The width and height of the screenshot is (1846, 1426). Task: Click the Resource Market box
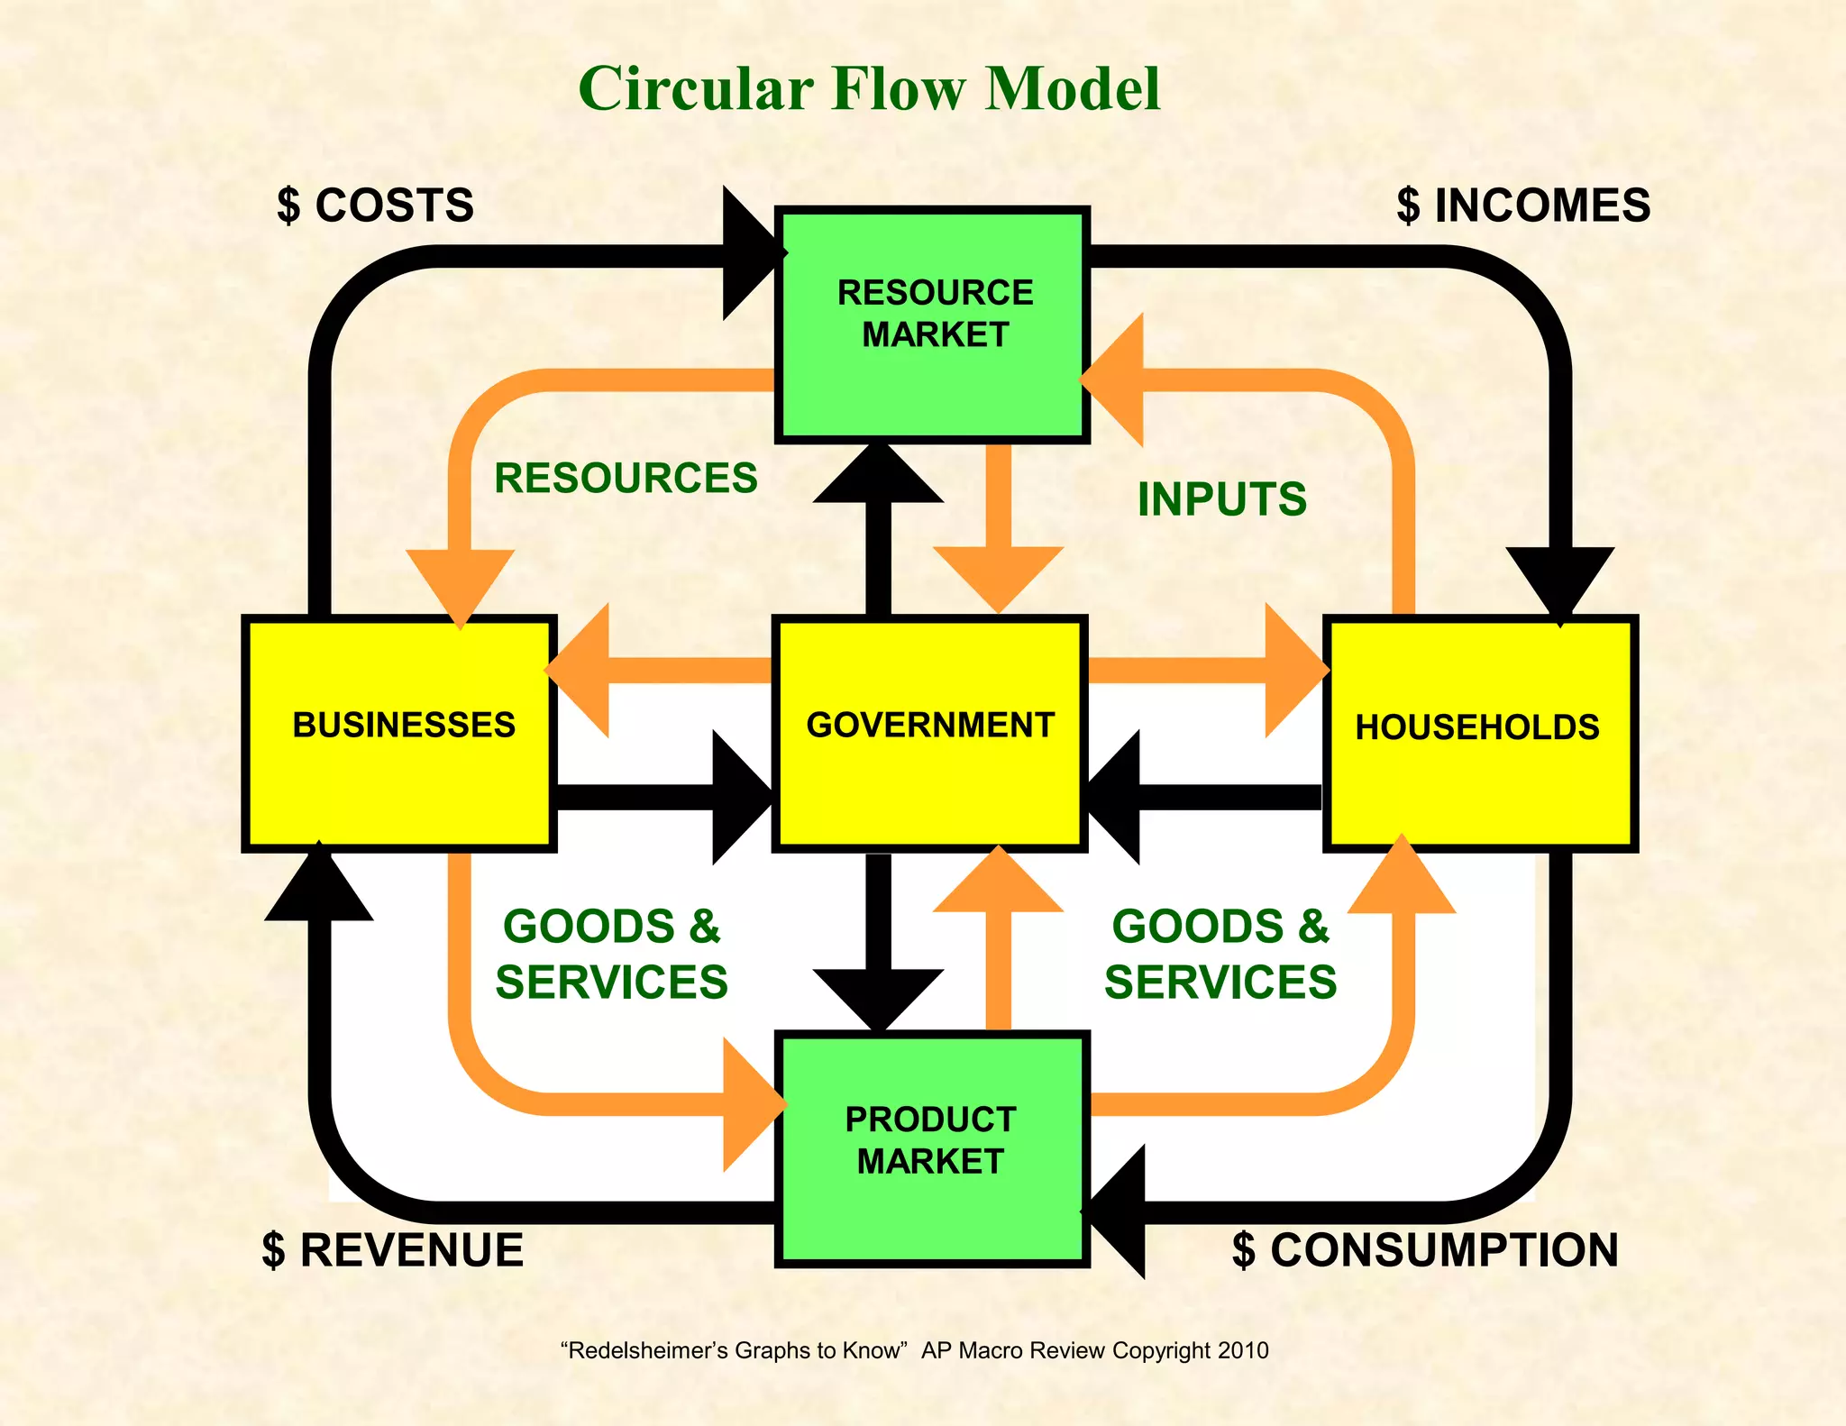[x=932, y=325]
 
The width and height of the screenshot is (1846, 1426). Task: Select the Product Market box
[x=932, y=1149]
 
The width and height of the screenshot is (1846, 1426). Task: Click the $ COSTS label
[x=376, y=206]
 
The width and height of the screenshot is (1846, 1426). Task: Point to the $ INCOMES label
[x=1523, y=206]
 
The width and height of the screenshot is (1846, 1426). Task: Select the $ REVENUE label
[x=393, y=1250]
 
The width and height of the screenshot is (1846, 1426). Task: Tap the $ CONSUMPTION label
[x=1425, y=1250]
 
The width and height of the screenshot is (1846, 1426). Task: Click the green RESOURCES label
[x=626, y=478]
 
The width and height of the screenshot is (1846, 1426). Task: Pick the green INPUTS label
[x=1221, y=498]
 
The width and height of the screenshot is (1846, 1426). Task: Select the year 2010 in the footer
[x=1243, y=1350]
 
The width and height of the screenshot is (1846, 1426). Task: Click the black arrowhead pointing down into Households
[x=1559, y=581]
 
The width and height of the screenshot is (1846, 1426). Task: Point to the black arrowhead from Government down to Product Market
[x=878, y=996]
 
